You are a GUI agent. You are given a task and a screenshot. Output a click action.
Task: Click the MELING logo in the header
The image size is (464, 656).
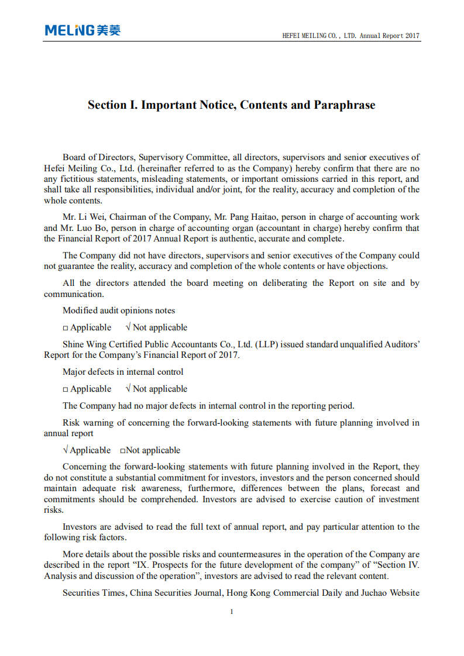click(x=83, y=30)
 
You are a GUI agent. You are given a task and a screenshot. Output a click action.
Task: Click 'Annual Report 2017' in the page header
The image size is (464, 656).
click(x=389, y=36)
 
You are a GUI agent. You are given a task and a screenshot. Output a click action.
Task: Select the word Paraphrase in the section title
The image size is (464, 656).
click(x=345, y=105)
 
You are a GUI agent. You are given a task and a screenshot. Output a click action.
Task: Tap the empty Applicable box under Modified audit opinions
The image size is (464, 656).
click(x=66, y=328)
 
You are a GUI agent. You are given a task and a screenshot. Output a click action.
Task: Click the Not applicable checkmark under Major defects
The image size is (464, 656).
click(x=128, y=389)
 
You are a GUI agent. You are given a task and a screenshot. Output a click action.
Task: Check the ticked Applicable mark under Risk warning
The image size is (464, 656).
click(x=66, y=450)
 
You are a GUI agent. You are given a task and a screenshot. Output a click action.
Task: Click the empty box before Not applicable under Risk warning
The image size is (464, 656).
click(x=123, y=451)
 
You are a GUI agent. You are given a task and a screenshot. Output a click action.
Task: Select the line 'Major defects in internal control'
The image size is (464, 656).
click(x=123, y=372)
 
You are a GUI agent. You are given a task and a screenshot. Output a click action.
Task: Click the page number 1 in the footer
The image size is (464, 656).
click(x=232, y=612)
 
